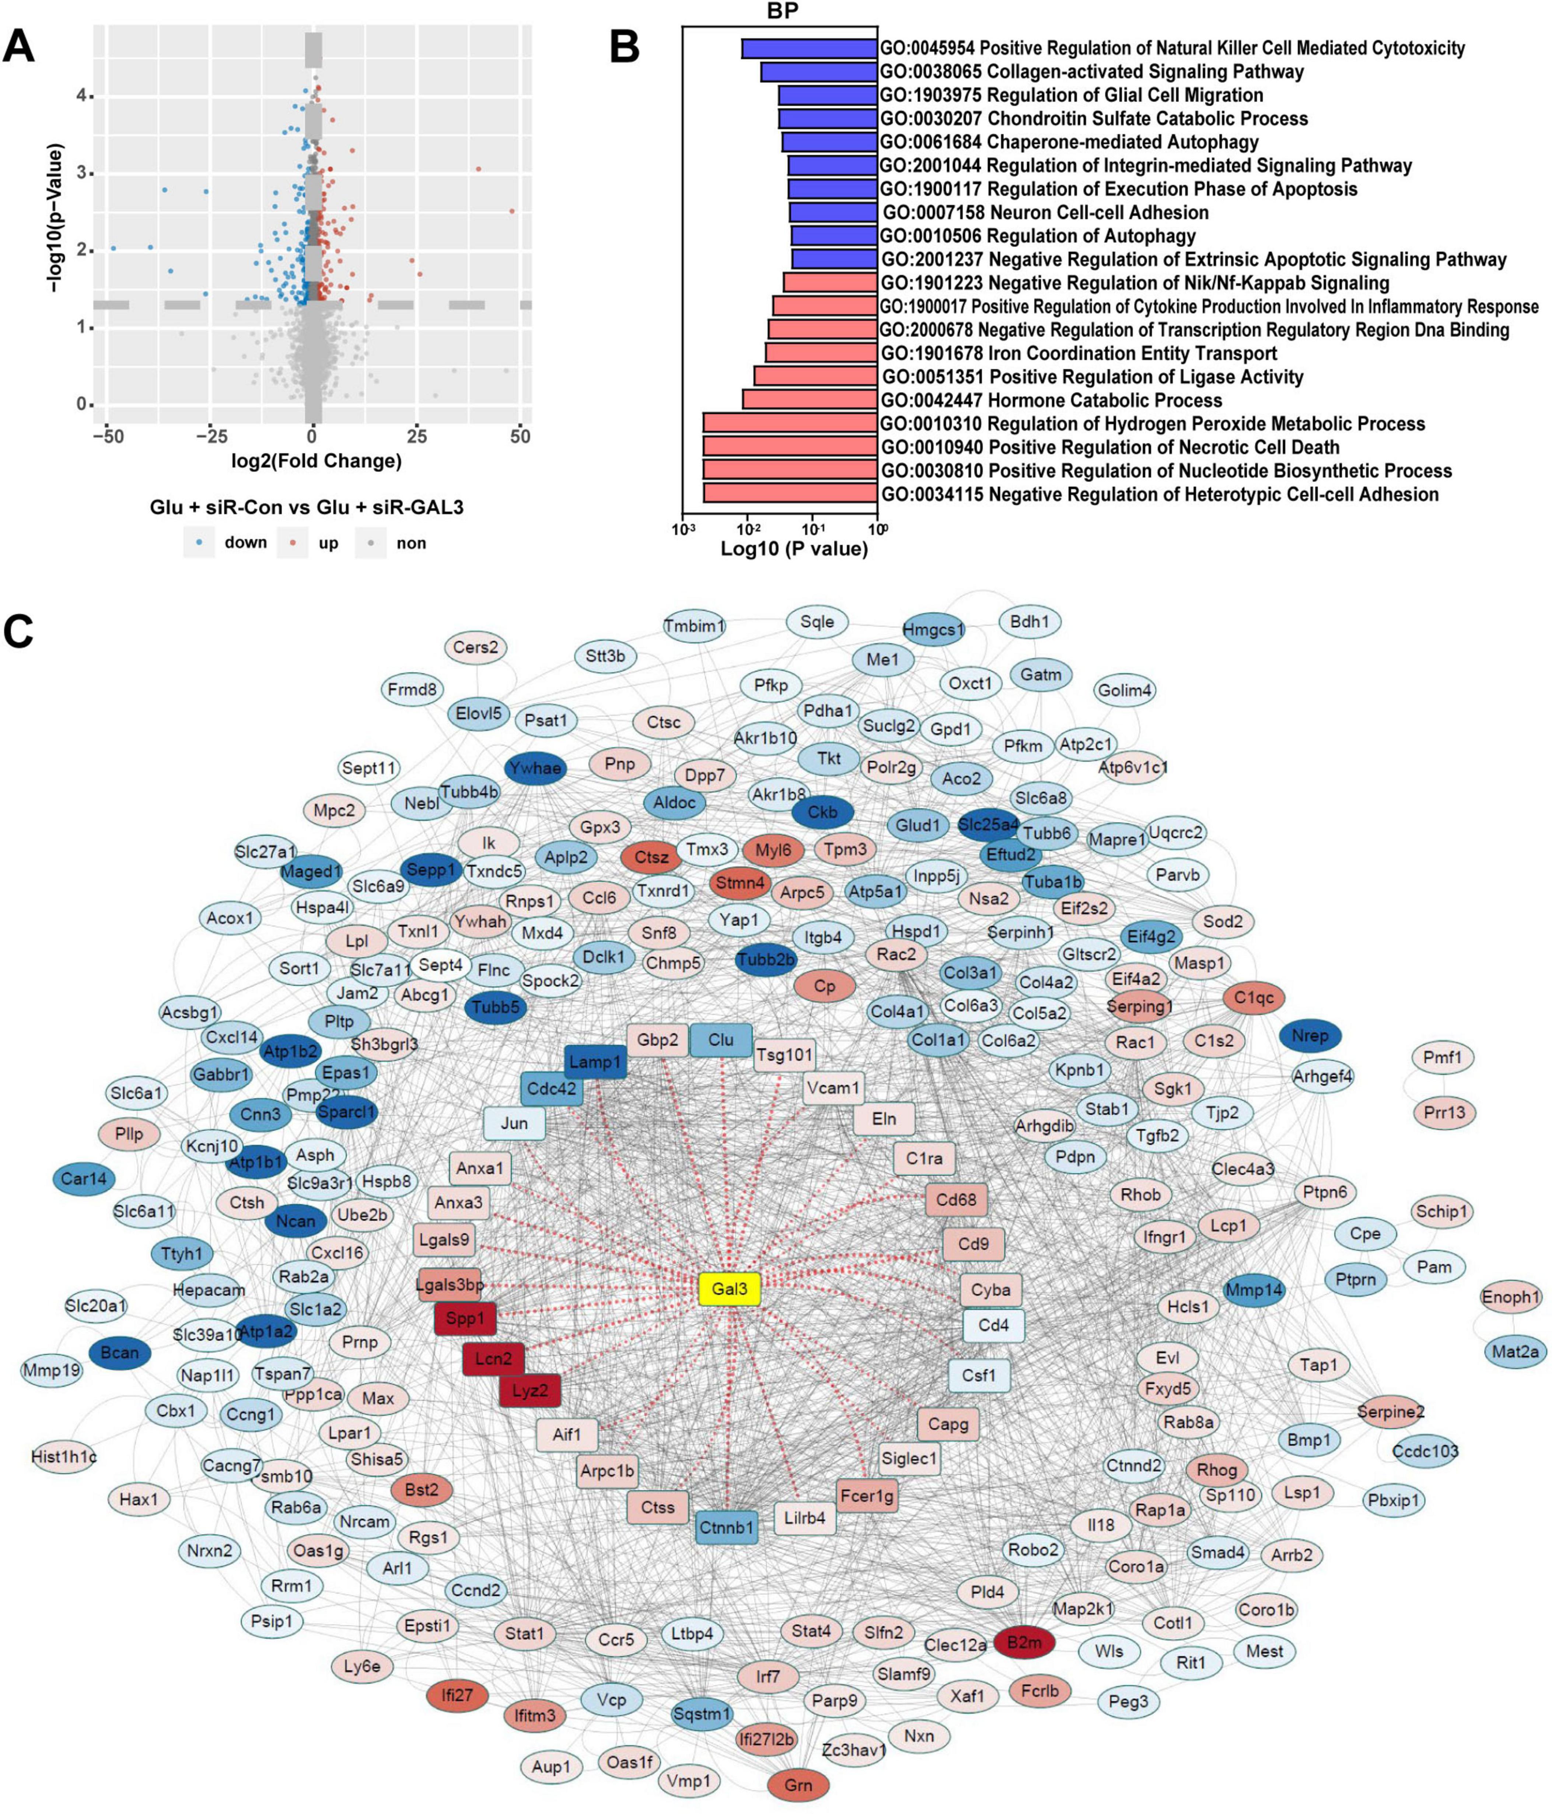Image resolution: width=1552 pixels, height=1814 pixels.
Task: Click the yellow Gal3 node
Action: tap(729, 1289)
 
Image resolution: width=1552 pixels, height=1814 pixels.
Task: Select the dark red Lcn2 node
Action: tap(494, 1359)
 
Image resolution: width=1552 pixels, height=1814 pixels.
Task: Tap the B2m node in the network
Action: tap(1024, 1642)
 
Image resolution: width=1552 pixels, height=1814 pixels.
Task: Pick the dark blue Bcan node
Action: tap(120, 1353)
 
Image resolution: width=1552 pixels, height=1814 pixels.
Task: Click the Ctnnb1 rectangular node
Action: tap(727, 1528)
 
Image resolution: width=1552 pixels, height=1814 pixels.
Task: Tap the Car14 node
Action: tap(84, 1179)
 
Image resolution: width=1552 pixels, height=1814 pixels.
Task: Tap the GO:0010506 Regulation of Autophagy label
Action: tap(1037, 235)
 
